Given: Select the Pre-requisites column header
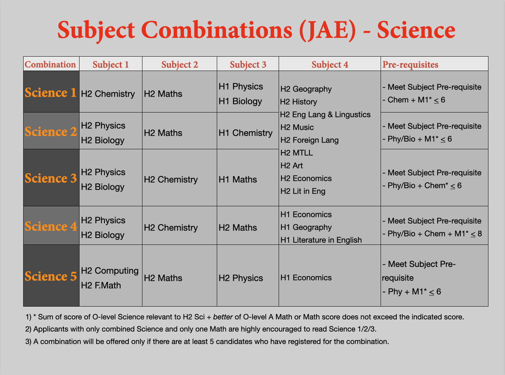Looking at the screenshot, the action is (x=410, y=65).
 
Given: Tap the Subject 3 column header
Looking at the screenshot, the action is (x=248, y=65).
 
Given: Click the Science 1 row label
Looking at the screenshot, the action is (x=50, y=93).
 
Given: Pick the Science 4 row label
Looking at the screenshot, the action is (x=51, y=226).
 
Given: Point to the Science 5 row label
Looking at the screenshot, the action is (x=51, y=276).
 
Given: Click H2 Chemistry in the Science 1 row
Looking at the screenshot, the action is (x=108, y=94).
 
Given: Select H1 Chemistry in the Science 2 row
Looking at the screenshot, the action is (x=246, y=133).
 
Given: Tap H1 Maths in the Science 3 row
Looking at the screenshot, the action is (x=237, y=179).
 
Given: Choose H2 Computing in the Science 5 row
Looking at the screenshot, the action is (x=110, y=271).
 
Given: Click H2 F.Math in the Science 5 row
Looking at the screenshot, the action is (x=101, y=285).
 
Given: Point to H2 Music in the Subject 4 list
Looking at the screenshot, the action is (x=297, y=127).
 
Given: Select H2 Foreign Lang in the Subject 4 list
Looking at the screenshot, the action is (x=309, y=140).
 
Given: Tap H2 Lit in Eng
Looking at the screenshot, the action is (x=303, y=191).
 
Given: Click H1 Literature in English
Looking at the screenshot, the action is (x=321, y=240).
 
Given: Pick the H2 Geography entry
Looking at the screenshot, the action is (x=306, y=89).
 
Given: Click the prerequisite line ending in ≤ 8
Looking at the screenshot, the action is (x=432, y=234).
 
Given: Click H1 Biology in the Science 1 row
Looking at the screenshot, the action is (x=240, y=101).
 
